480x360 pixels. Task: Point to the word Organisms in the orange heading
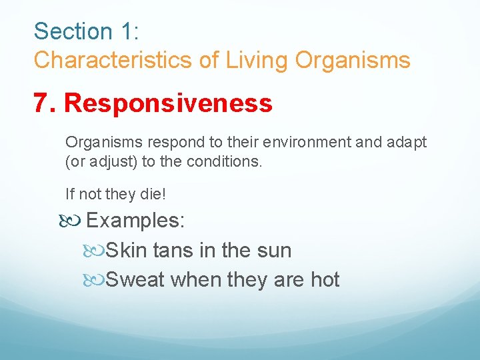point(353,61)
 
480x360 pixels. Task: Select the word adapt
point(408,143)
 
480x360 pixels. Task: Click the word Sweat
point(135,279)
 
